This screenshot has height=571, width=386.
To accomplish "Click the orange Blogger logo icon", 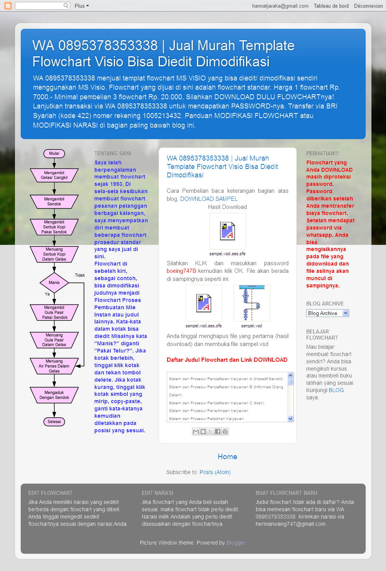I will click(8, 6).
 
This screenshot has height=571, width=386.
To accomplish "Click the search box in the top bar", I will click(40, 6).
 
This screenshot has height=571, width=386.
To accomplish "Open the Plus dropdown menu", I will click(82, 6).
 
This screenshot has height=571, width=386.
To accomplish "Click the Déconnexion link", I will click(368, 6).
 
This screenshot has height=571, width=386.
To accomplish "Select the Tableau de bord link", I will click(331, 6).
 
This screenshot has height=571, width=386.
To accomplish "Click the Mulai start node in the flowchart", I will click(54, 153).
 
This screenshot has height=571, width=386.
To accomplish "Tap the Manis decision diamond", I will click(54, 283).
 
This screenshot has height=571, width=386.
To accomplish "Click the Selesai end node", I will click(54, 422).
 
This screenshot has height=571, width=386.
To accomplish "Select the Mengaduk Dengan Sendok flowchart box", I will click(54, 395).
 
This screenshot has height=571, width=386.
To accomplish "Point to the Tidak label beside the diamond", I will click(80, 275).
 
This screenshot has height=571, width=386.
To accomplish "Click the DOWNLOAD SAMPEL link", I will click(209, 199).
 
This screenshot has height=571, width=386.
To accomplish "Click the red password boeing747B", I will click(181, 271).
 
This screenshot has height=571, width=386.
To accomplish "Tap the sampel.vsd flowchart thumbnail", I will click(251, 303).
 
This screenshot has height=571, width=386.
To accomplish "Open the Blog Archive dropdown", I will click(328, 313).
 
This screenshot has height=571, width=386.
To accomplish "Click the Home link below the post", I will click(227, 456).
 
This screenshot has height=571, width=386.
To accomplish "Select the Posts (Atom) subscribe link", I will click(215, 472).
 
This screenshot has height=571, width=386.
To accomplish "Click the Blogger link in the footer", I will click(236, 543).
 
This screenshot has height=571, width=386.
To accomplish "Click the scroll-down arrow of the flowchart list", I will click(290, 419).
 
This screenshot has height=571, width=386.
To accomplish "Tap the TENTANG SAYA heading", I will click(113, 153).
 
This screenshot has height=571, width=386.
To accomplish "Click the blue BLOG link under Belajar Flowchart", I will click(336, 390).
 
